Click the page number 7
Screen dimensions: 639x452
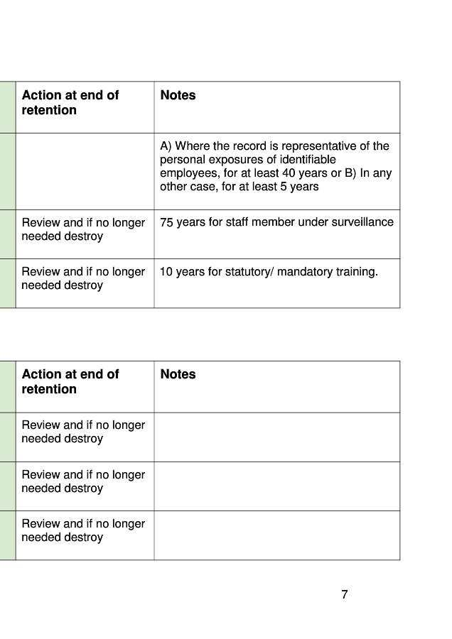(345, 595)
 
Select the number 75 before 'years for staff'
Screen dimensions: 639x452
(166, 222)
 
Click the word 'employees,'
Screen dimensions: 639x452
(188, 173)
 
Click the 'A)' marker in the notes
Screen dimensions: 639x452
(166, 146)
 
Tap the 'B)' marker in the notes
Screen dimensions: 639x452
(349, 173)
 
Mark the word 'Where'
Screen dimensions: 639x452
(191, 146)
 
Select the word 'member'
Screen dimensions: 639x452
(276, 222)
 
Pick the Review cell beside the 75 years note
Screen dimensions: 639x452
(83, 229)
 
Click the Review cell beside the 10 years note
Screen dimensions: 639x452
(83, 278)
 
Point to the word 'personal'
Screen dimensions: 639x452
(181, 160)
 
